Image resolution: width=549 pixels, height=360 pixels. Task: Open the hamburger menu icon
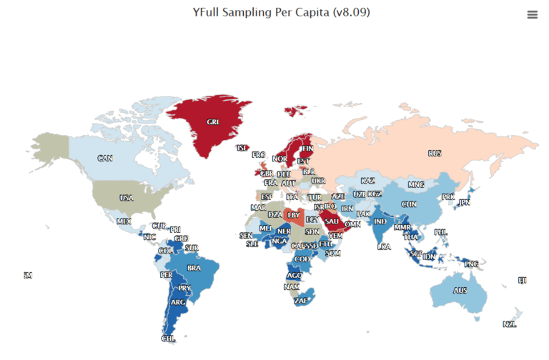point(532,14)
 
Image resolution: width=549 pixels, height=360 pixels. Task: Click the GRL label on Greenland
point(213,122)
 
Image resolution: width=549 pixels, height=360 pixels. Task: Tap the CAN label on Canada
point(105,158)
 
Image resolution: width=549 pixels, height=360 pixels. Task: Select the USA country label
point(126,198)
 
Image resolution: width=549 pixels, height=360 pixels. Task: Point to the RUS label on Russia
point(435,154)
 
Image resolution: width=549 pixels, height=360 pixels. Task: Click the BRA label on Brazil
point(194,268)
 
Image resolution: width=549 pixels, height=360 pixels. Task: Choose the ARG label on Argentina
point(178,302)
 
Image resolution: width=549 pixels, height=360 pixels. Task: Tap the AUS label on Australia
point(460,291)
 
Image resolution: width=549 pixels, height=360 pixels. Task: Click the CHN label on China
point(409,204)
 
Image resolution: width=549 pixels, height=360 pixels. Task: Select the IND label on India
point(380,221)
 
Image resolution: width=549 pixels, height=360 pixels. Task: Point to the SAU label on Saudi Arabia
point(332,221)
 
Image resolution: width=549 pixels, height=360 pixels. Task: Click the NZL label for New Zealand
point(509,324)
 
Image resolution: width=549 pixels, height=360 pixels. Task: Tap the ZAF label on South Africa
point(302,301)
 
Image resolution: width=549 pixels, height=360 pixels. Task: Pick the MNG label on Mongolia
point(415,185)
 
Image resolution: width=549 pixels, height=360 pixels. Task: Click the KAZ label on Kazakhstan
point(367,181)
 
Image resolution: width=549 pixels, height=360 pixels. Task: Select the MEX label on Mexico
point(124,221)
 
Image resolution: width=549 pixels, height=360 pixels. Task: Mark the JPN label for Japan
point(464,203)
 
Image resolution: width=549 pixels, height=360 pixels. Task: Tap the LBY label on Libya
point(293,214)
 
